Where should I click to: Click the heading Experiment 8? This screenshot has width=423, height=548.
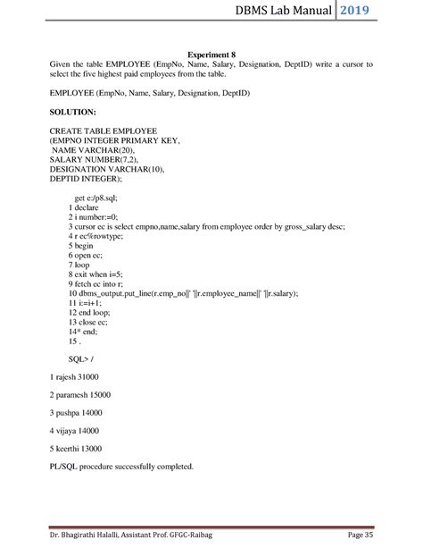pyautogui.click(x=211, y=55)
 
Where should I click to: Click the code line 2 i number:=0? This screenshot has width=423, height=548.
pyautogui.click(x=95, y=217)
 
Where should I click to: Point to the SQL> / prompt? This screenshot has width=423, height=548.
pyautogui.click(x=82, y=359)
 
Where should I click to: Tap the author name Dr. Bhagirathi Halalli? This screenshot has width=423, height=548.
pyautogui.click(x=95, y=535)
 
